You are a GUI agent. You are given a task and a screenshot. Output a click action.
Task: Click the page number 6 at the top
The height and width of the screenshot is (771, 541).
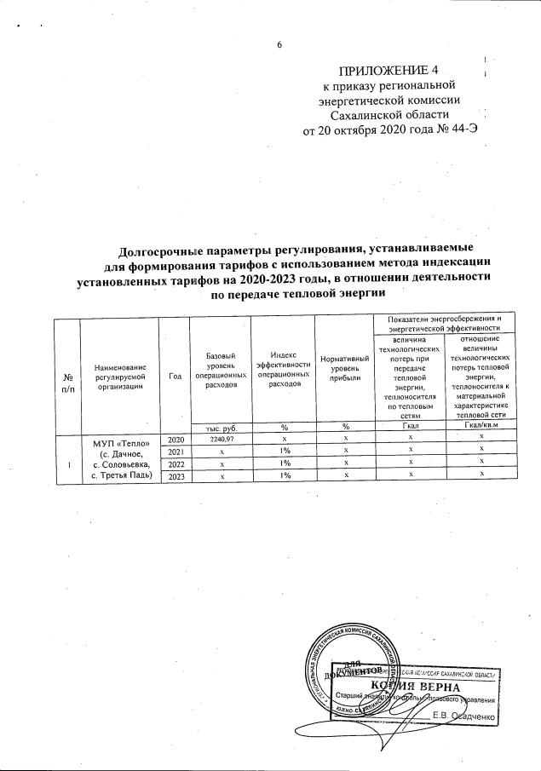tap(278, 45)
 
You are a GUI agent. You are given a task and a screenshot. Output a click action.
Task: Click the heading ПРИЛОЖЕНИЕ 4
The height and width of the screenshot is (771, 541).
tap(386, 70)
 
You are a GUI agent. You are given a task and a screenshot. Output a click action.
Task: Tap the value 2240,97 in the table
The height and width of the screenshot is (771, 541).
tap(222, 439)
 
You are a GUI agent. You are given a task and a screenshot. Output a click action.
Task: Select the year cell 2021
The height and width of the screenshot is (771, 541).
tap(176, 451)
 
